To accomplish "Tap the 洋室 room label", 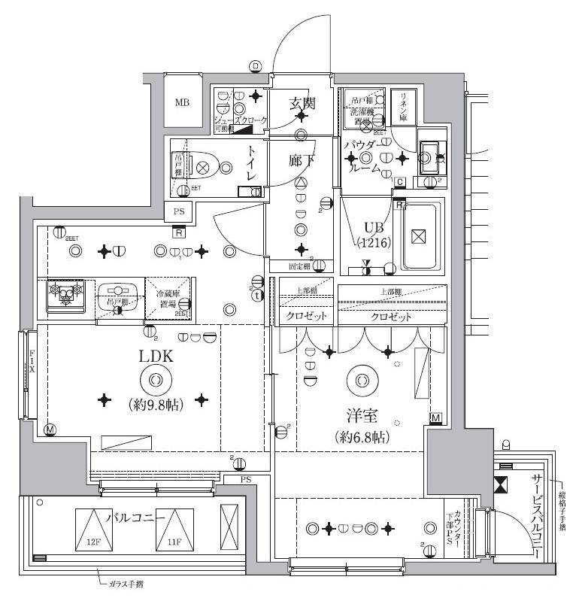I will [x=362, y=413].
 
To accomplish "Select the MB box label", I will [x=183, y=103].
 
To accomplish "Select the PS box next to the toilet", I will [x=179, y=212].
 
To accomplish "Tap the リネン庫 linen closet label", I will [x=403, y=106].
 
